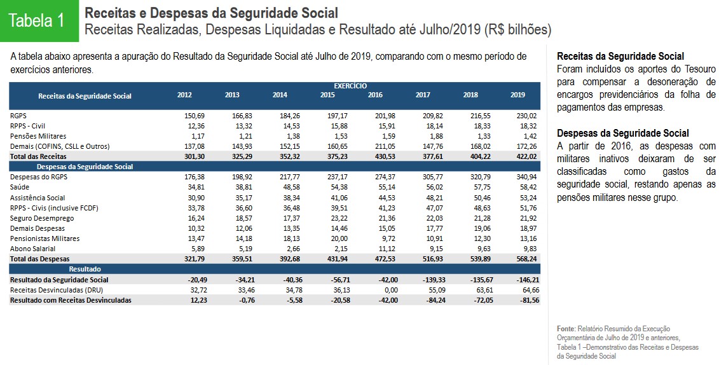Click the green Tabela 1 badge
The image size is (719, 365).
(x=37, y=20)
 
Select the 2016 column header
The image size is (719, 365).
(x=375, y=95)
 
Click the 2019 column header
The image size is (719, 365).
(x=517, y=95)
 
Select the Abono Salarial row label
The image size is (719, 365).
(x=32, y=249)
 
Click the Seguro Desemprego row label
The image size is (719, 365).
(x=42, y=218)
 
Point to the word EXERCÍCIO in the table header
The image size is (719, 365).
(x=350, y=86)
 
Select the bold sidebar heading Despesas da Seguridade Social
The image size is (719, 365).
(x=622, y=133)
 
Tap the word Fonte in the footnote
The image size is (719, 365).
(x=566, y=327)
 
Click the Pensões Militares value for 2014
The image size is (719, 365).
(x=280, y=136)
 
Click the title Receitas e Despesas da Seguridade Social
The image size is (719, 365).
(x=211, y=13)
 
